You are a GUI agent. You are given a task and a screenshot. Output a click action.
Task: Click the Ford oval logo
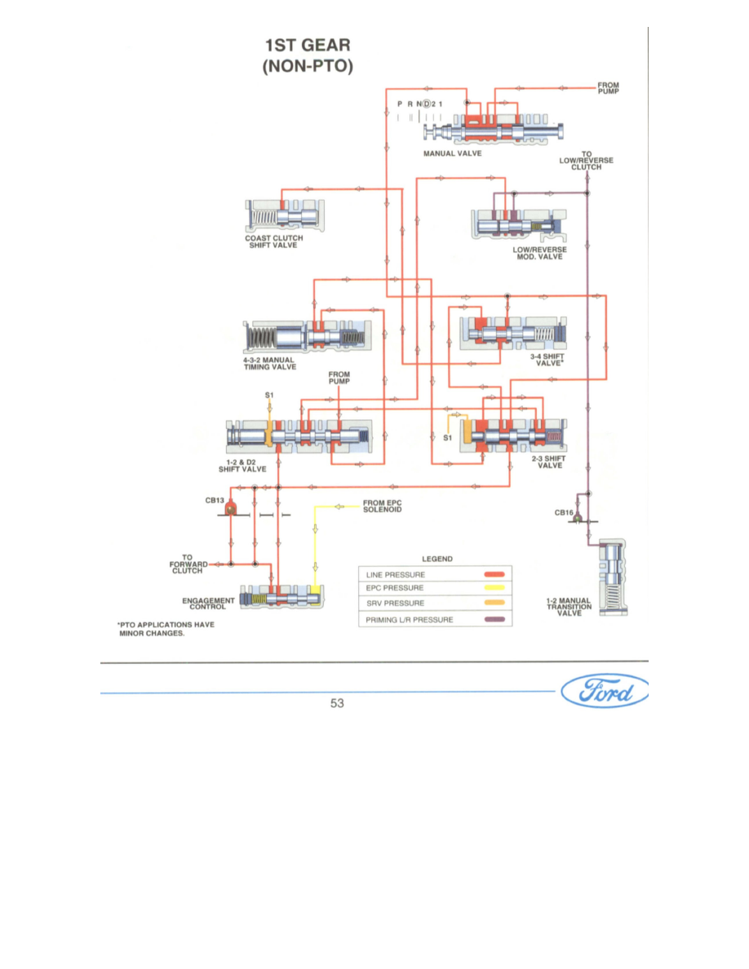(x=605, y=694)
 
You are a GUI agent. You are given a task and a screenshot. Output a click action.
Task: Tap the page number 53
(x=337, y=703)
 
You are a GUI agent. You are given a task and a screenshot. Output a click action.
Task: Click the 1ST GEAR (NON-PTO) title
(x=307, y=56)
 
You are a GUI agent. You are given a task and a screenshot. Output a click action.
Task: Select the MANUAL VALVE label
(x=452, y=153)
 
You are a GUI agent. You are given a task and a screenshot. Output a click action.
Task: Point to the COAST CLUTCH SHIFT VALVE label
(x=273, y=242)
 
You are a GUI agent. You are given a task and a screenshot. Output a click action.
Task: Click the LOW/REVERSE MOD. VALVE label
(x=538, y=253)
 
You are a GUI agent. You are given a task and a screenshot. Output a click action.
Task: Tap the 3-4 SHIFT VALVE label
(x=547, y=360)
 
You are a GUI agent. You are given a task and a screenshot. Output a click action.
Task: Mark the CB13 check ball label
(x=214, y=500)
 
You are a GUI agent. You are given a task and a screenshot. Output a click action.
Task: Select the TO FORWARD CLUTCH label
(x=187, y=564)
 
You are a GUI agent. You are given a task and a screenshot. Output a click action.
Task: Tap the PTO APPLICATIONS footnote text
(x=161, y=631)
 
